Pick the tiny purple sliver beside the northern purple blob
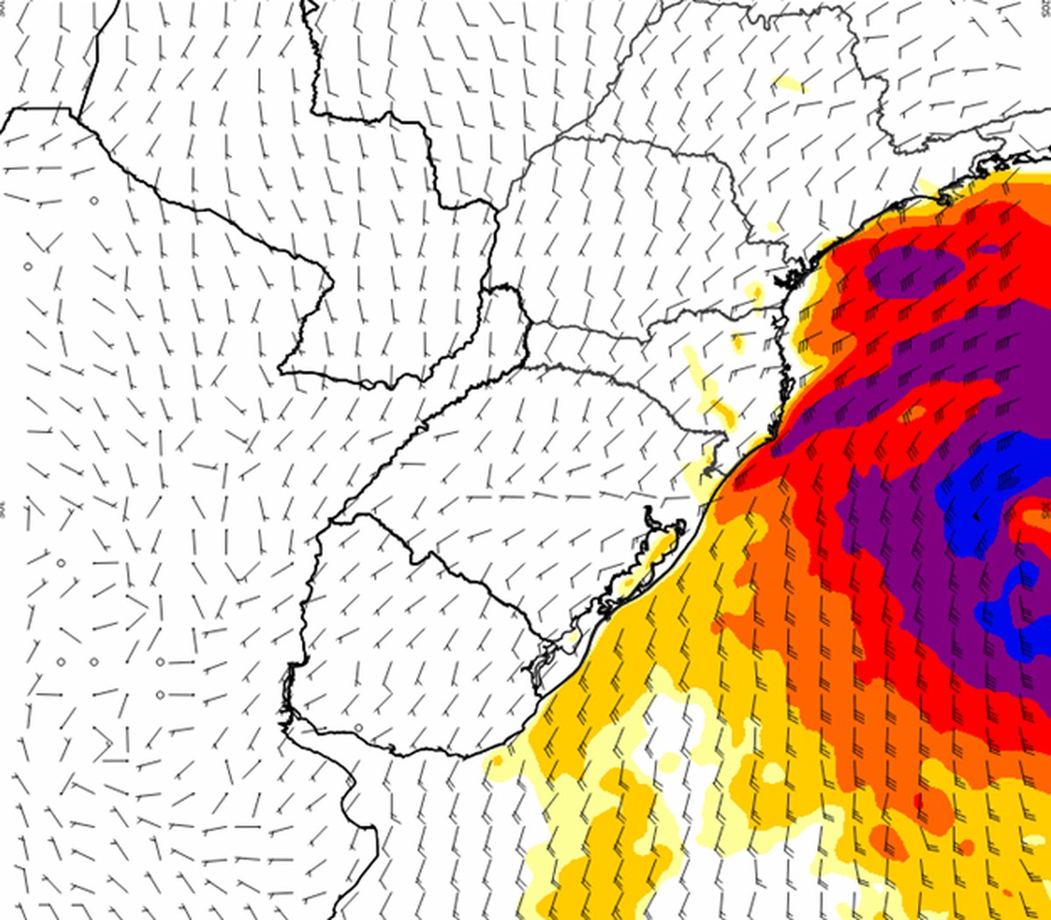pyautogui.click(x=988, y=250)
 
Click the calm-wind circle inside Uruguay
pyautogui.click(x=359, y=727)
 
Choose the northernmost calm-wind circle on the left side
pyautogui.click(x=95, y=201)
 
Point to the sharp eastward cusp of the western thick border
pyautogui.click(x=333, y=282)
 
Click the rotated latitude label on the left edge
pyautogui.click(x=4, y=509)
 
